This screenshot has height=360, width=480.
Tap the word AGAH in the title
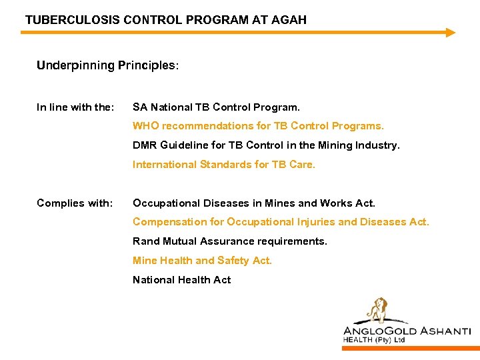pyautogui.click(x=288, y=20)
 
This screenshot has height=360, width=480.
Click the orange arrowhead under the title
pyautogui.click(x=450, y=32)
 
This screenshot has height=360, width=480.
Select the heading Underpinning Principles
pyautogui.click(x=107, y=66)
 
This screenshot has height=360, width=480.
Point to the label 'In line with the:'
pyautogui.click(x=75, y=107)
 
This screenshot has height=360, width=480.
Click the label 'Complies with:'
pyautogui.click(x=75, y=203)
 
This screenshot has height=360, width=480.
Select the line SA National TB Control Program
pyautogui.click(x=216, y=107)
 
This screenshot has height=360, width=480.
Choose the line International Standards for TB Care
pyautogui.click(x=223, y=165)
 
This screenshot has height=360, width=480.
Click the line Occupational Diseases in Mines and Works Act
pyautogui.click(x=253, y=203)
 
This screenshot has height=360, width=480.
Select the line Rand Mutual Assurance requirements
pyautogui.click(x=229, y=241)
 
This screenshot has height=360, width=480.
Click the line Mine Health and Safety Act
pyautogui.click(x=202, y=261)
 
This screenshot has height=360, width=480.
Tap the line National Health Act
pyautogui.click(x=181, y=280)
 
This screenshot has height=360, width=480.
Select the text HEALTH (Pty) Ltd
pyautogui.click(x=373, y=340)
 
